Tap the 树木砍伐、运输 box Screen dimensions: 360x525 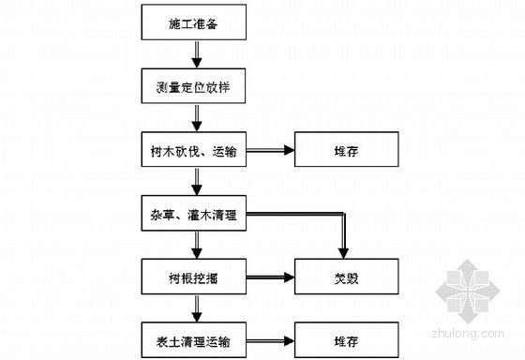[195, 151]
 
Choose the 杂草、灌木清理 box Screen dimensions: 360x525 [195, 217]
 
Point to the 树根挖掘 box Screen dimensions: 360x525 [195, 278]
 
